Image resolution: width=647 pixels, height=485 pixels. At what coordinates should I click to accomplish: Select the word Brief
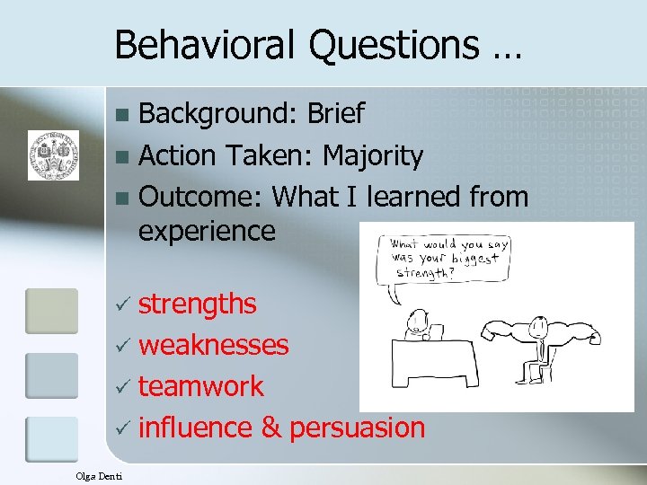[x=334, y=114]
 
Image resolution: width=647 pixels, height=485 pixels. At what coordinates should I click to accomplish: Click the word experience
[x=207, y=231]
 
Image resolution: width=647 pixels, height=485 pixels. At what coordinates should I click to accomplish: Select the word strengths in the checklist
[x=197, y=304]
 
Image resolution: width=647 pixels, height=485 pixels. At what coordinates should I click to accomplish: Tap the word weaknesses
[x=214, y=345]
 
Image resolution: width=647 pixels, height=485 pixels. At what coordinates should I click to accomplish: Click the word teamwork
[x=201, y=386]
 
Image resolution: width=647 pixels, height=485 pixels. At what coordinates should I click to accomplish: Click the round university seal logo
[x=53, y=154]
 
